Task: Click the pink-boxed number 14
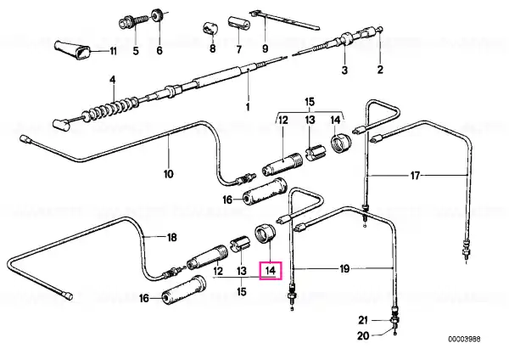pyautogui.click(x=271, y=270)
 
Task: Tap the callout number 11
pyautogui.click(x=112, y=51)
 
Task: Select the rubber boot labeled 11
pyautogui.click(x=72, y=50)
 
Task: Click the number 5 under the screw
pyautogui.click(x=136, y=51)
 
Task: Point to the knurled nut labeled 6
pyautogui.click(x=158, y=15)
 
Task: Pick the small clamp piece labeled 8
pyautogui.click(x=210, y=29)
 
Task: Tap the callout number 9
pyautogui.click(x=266, y=48)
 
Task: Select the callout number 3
pyautogui.click(x=344, y=70)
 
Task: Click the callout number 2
pyautogui.click(x=380, y=70)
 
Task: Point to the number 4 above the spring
pyautogui.click(x=112, y=80)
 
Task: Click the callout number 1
pyautogui.click(x=248, y=107)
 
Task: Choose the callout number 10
pyautogui.click(x=169, y=174)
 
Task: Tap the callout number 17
pyautogui.click(x=415, y=176)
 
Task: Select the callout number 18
pyautogui.click(x=171, y=238)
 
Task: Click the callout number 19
pyautogui.click(x=344, y=268)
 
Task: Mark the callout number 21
pyautogui.click(x=363, y=320)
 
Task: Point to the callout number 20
pyautogui.click(x=363, y=335)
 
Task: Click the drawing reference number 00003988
pyautogui.click(x=464, y=340)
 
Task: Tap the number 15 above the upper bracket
pyautogui.click(x=310, y=102)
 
